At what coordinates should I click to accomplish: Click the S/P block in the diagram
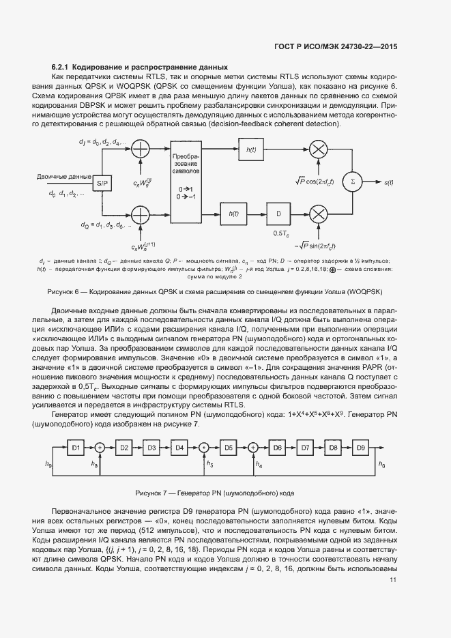101,183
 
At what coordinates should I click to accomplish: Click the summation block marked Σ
353,182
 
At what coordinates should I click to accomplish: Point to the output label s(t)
390,183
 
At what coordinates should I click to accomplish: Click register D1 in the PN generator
76,448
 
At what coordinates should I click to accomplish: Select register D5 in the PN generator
229,448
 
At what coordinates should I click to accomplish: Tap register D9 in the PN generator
361,448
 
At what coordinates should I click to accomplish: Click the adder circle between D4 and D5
203,448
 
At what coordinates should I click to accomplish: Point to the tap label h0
381,465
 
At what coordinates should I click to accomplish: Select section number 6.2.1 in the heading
61,68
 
